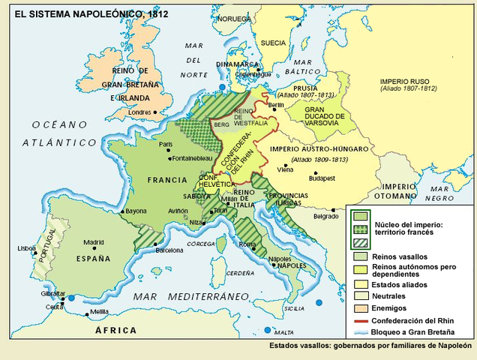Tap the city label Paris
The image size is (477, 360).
click(166, 144)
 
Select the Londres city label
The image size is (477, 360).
click(141, 113)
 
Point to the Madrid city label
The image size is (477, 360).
click(93, 242)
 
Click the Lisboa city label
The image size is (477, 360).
click(27, 247)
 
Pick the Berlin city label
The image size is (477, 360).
click(276, 106)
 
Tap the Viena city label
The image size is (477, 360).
click(285, 169)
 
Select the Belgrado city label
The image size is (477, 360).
click(325, 216)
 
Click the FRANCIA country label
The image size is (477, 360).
click(167, 180)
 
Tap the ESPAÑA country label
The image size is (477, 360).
click(93, 258)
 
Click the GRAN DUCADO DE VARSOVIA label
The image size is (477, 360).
click(324, 116)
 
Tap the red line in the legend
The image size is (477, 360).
click(361, 320)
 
